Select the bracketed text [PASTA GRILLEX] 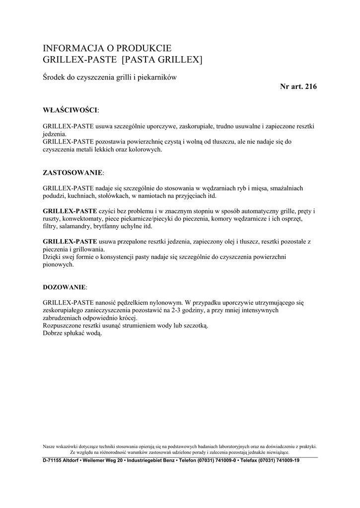162,60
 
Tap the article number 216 310,86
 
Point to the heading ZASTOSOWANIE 72,172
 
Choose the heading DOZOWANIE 65,287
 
